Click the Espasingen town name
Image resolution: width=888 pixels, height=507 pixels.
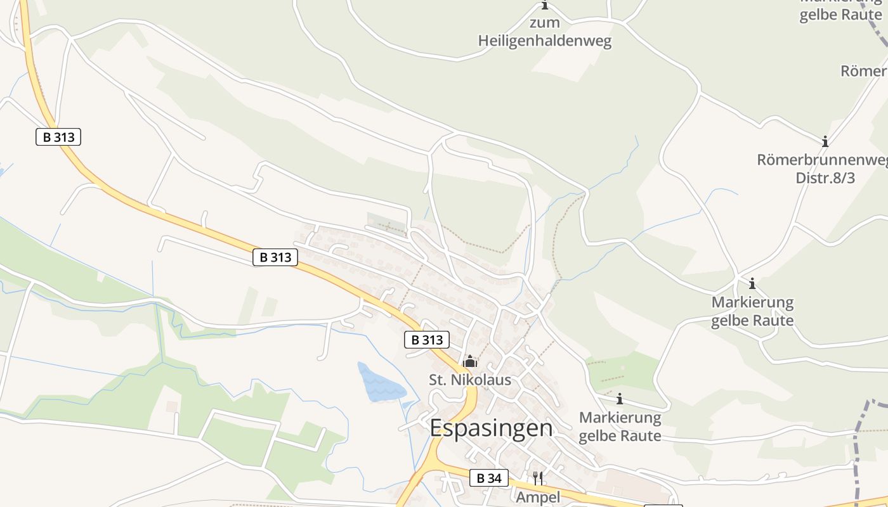pos(491,428)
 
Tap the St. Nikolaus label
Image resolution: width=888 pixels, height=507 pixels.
pos(470,380)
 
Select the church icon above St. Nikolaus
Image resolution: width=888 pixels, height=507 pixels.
pos(470,362)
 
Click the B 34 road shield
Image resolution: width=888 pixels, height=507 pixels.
pos(488,478)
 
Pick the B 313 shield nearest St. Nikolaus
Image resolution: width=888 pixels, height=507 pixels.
pos(427,340)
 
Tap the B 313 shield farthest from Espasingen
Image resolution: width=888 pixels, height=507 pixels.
pos(58,136)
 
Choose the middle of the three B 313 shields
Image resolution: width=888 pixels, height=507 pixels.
pos(275,257)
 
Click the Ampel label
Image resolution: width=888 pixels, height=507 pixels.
pos(538,497)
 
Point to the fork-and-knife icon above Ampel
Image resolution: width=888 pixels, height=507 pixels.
pos(538,478)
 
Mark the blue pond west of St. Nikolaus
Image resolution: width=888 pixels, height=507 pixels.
pos(381,383)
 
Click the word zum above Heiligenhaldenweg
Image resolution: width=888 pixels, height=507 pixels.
pos(545,23)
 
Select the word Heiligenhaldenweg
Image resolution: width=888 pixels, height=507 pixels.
pos(545,42)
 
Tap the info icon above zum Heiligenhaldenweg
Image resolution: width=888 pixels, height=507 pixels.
pos(545,6)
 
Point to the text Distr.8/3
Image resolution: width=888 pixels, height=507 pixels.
pos(825,178)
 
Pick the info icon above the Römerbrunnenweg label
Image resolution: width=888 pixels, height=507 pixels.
pos(825,141)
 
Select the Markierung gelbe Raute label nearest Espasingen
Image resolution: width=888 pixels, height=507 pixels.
pos(620,427)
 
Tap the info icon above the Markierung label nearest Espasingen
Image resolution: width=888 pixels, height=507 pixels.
pos(620,399)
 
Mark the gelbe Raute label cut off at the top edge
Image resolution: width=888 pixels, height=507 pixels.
pos(840,14)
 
